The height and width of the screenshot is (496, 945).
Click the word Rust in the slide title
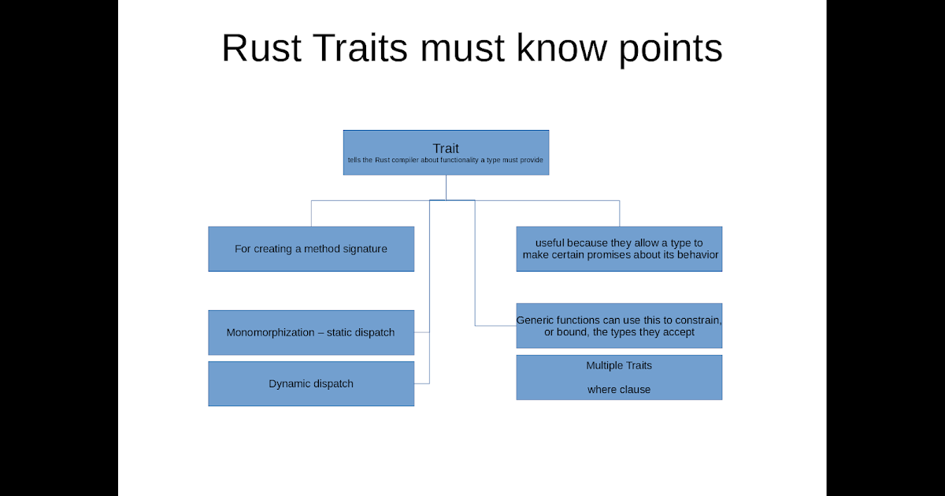click(259, 49)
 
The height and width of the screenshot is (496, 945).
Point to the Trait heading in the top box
click(446, 148)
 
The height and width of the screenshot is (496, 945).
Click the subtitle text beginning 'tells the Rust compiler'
click(446, 161)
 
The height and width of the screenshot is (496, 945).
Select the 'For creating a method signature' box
click(311, 249)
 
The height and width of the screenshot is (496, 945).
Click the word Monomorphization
click(270, 332)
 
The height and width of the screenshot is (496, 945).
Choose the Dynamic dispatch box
click(311, 384)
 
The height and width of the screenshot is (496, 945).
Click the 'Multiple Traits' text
click(619, 365)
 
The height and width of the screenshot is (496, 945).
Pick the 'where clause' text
click(619, 390)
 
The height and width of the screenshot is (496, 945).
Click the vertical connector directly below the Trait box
click(446, 187)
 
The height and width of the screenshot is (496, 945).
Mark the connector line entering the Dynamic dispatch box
click(422, 383)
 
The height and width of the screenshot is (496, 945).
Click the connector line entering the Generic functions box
click(496, 325)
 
